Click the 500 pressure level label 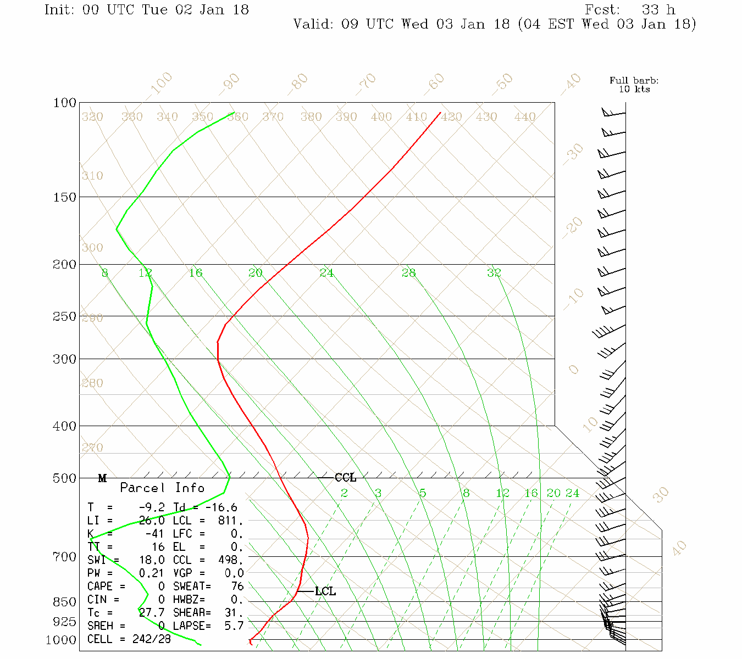click(65, 478)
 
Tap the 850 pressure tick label click(65, 602)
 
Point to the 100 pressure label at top click(65, 103)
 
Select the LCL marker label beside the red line click(325, 591)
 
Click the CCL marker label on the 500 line click(345, 478)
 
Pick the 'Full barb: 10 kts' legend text click(634, 85)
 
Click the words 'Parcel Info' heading click(162, 488)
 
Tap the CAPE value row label click(106, 587)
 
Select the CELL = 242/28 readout click(129, 639)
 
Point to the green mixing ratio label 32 click(494, 272)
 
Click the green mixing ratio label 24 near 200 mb click(326, 272)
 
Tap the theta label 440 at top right click(524, 117)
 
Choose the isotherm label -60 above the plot click(434, 82)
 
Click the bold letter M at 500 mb click(102, 478)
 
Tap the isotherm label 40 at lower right click(679, 548)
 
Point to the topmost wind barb click(613, 113)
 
